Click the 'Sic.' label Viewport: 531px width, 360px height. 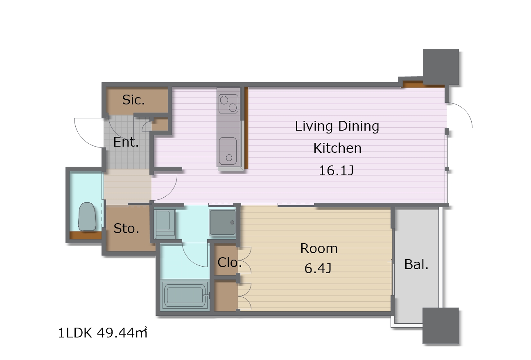pos(133,100)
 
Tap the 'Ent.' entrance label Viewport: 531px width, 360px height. pos(126,142)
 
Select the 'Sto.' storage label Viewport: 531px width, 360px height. pos(127,229)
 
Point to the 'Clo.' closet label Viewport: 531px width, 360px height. pos(229,263)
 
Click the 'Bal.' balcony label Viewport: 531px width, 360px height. pos(416,265)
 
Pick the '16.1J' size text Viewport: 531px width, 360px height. pos(337,170)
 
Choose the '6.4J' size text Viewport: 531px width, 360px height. pos(318,268)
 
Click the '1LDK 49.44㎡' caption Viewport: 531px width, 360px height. pos(103,333)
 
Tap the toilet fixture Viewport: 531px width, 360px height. pos(87,217)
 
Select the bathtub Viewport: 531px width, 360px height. pos(185,295)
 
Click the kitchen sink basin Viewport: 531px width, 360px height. pos(228,151)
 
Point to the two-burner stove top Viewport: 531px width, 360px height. pos(228,104)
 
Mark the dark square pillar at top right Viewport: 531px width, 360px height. pos(441,67)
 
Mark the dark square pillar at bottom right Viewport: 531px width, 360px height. pos(441,326)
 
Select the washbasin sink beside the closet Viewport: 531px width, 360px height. pos(222,222)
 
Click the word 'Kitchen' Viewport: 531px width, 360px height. pos(337,148)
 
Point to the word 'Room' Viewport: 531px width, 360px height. pos(319,249)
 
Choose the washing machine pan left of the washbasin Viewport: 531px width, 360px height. pos(165,224)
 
